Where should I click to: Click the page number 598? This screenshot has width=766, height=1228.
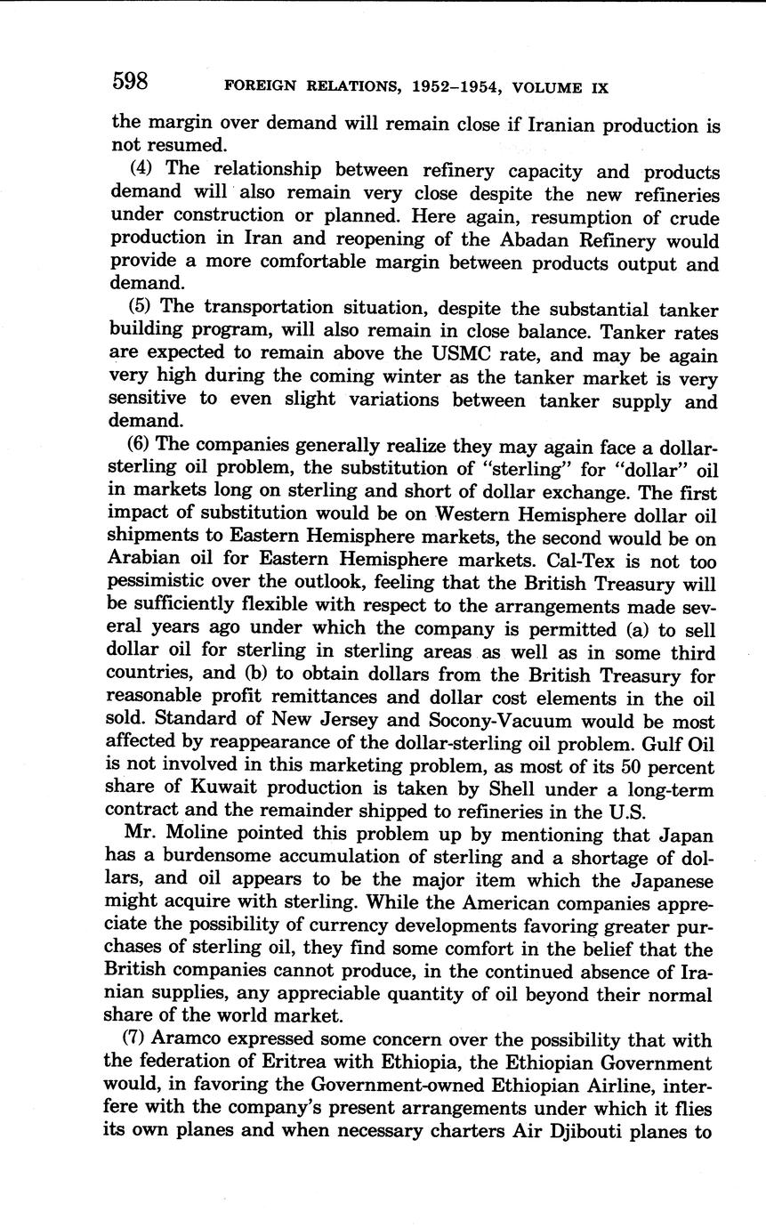[129, 83]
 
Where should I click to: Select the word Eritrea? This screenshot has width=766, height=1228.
[297, 1062]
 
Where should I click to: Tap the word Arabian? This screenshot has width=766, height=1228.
[147, 561]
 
